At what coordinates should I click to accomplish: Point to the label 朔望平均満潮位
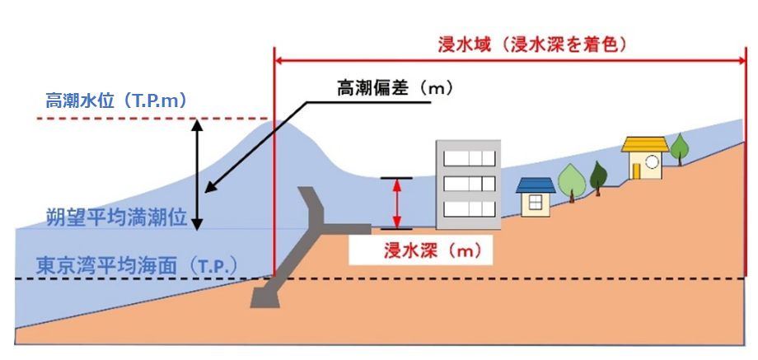[105, 218]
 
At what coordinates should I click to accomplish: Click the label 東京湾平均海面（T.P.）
[137, 265]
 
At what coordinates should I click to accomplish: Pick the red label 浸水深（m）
[421, 249]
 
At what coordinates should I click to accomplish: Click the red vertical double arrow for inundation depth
[397, 203]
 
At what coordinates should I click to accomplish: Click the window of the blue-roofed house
[536, 202]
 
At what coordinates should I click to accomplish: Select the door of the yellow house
[637, 169]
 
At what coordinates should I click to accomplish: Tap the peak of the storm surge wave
[276, 124]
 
